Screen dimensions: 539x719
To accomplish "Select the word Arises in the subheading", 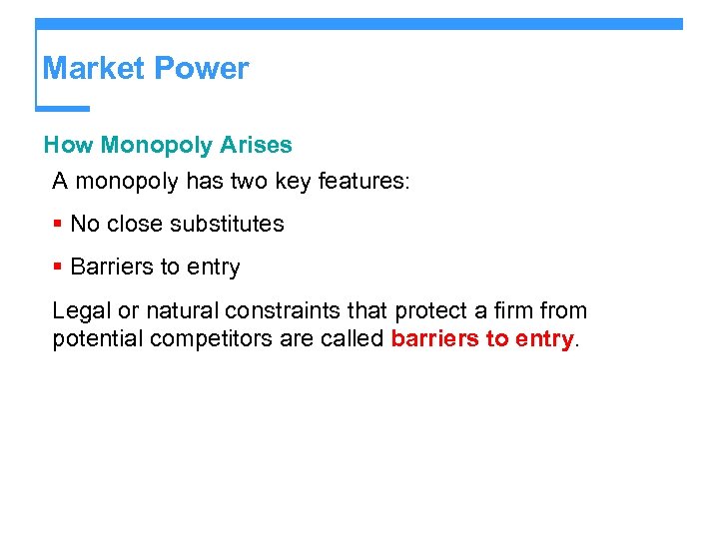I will coord(259,146).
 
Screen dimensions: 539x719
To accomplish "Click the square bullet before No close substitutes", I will coord(58,224).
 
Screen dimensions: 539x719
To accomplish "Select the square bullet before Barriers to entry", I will coord(58,268).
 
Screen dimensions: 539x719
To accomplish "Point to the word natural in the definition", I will coord(178,311).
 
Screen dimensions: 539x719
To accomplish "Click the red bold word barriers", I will coord(434,339).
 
